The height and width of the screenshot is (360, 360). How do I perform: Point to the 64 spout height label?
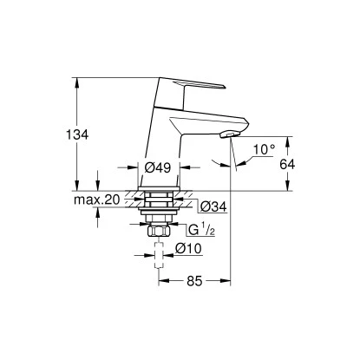296,163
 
